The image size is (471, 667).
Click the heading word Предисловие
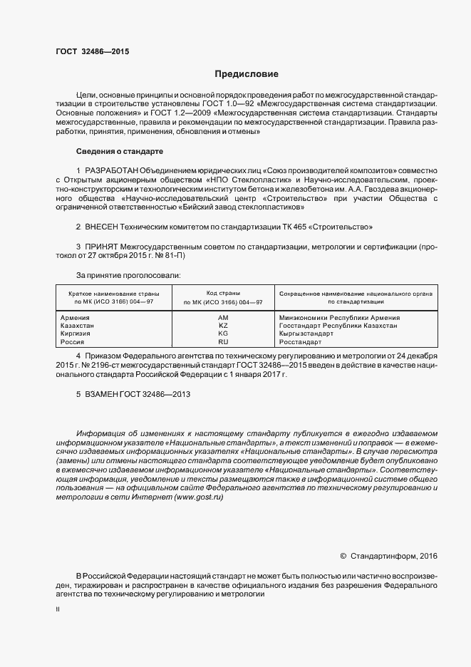tap(247, 73)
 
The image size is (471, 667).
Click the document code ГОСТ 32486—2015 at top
tap(93, 51)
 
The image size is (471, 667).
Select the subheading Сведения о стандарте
tap(120, 152)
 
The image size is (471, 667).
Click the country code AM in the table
tap(223, 318)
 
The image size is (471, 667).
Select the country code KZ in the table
tap(223, 326)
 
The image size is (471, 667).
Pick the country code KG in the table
tap(223, 333)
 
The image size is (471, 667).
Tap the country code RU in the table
tap(223, 342)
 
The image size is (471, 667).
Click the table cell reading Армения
tap(76, 318)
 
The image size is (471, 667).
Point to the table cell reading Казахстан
tap(78, 326)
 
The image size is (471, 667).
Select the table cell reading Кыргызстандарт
tap(306, 333)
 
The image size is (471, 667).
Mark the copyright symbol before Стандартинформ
tap(343, 556)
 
